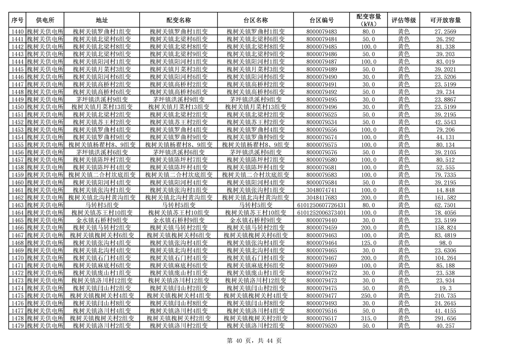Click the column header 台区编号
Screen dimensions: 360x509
pyautogui.click(x=322, y=20)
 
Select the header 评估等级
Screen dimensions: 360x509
pyautogui.click(x=403, y=20)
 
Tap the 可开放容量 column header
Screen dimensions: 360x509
pyautogui.click(x=445, y=20)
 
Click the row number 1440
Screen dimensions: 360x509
pyautogui.click(x=17, y=32)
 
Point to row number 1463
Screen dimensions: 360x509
pyautogui.click(x=17, y=205)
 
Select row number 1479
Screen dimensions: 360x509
pyautogui.click(x=17, y=326)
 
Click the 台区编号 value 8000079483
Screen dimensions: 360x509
pyautogui.click(x=322, y=32)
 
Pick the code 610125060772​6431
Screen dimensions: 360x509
pyautogui.click(x=322, y=205)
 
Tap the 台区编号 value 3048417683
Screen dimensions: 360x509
pyautogui.click(x=322, y=197)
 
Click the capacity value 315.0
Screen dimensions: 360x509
pyautogui.click(x=368, y=318)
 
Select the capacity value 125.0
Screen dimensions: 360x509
pyautogui.click(x=368, y=243)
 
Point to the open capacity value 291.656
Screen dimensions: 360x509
pyautogui.click(x=445, y=318)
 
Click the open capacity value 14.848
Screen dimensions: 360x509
pyautogui.click(x=445, y=190)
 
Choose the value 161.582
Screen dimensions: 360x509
pyautogui.click(x=445, y=197)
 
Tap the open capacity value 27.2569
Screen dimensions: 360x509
pyautogui.click(x=445, y=32)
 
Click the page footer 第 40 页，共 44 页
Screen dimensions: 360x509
pyautogui.click(x=254, y=341)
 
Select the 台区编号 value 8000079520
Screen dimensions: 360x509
pyautogui.click(x=322, y=326)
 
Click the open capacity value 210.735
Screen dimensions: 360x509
pyautogui.click(x=445, y=296)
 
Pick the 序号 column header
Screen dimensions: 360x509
pyautogui.click(x=17, y=20)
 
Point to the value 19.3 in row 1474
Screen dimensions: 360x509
pyautogui.click(x=445, y=288)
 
